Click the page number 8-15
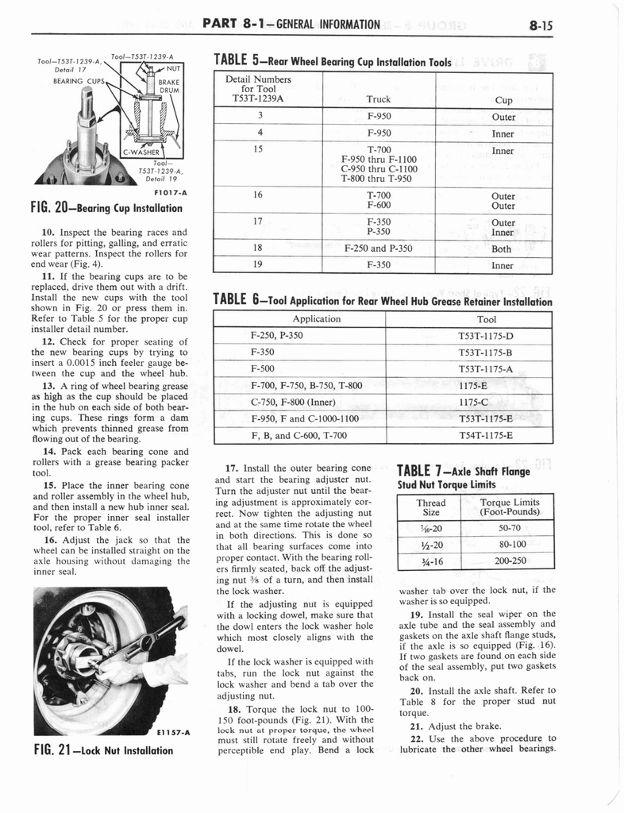(x=538, y=25)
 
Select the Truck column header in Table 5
(x=379, y=100)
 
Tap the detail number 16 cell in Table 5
(x=258, y=195)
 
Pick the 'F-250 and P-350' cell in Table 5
(x=379, y=248)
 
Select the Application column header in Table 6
(x=317, y=318)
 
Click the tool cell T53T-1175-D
(x=485, y=335)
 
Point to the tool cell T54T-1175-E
(x=485, y=435)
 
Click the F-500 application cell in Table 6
(x=263, y=368)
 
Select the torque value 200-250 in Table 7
(x=510, y=560)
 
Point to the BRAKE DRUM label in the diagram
(x=171, y=86)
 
